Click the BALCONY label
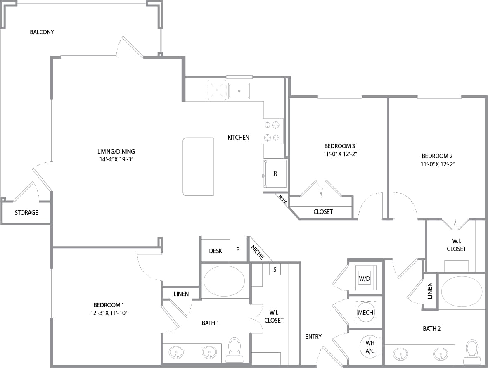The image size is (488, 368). (x=42, y=32)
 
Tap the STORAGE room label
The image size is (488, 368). (x=26, y=213)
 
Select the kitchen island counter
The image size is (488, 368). (x=199, y=166)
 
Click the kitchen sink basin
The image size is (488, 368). (x=239, y=91)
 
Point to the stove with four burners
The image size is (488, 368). (x=272, y=131)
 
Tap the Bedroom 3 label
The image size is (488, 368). (x=339, y=146)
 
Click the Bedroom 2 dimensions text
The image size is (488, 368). (x=437, y=164)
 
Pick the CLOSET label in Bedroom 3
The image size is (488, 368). (x=323, y=212)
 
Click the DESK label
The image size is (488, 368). (x=216, y=251)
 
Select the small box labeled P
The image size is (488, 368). (x=238, y=250)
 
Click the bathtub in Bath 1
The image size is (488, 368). (x=225, y=281)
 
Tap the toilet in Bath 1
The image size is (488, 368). (x=235, y=349)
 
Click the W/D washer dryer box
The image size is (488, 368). (x=365, y=278)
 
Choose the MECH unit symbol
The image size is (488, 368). (x=365, y=312)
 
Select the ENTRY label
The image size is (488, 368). (x=313, y=337)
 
